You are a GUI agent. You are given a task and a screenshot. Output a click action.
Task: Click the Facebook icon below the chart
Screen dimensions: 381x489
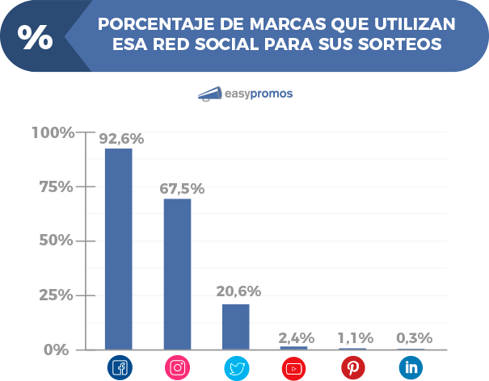point(119,368)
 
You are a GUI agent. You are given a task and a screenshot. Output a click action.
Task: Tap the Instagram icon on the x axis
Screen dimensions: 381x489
point(177,368)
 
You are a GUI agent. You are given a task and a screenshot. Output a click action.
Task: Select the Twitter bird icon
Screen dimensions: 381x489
point(236,368)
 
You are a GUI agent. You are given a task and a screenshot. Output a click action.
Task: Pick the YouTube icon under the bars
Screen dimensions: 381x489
point(293,368)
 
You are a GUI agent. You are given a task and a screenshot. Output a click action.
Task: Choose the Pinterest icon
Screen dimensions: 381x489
point(352,368)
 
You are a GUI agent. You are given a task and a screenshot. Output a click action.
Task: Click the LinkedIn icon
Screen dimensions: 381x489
point(411,368)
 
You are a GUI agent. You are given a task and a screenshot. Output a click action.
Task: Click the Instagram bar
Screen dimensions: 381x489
point(177,274)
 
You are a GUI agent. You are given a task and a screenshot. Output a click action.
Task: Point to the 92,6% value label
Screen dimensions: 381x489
point(121,139)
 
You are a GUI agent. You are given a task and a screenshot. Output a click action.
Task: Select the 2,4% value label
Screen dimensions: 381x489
point(295,337)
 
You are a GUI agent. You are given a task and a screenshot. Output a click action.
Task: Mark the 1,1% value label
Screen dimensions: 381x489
point(354,337)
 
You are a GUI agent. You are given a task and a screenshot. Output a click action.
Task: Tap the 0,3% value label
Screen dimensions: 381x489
point(414,337)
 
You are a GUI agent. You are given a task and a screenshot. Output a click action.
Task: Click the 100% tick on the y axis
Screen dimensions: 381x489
point(53,132)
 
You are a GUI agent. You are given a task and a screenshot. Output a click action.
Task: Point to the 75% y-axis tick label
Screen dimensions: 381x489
point(56,186)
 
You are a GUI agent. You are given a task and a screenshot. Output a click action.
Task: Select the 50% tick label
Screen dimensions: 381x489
point(56,241)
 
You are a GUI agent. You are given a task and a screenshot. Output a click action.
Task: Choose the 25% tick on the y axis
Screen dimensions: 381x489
point(56,295)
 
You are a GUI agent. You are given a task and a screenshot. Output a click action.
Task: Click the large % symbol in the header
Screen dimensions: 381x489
point(35,36)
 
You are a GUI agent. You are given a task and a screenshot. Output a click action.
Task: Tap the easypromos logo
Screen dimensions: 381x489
point(245,94)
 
